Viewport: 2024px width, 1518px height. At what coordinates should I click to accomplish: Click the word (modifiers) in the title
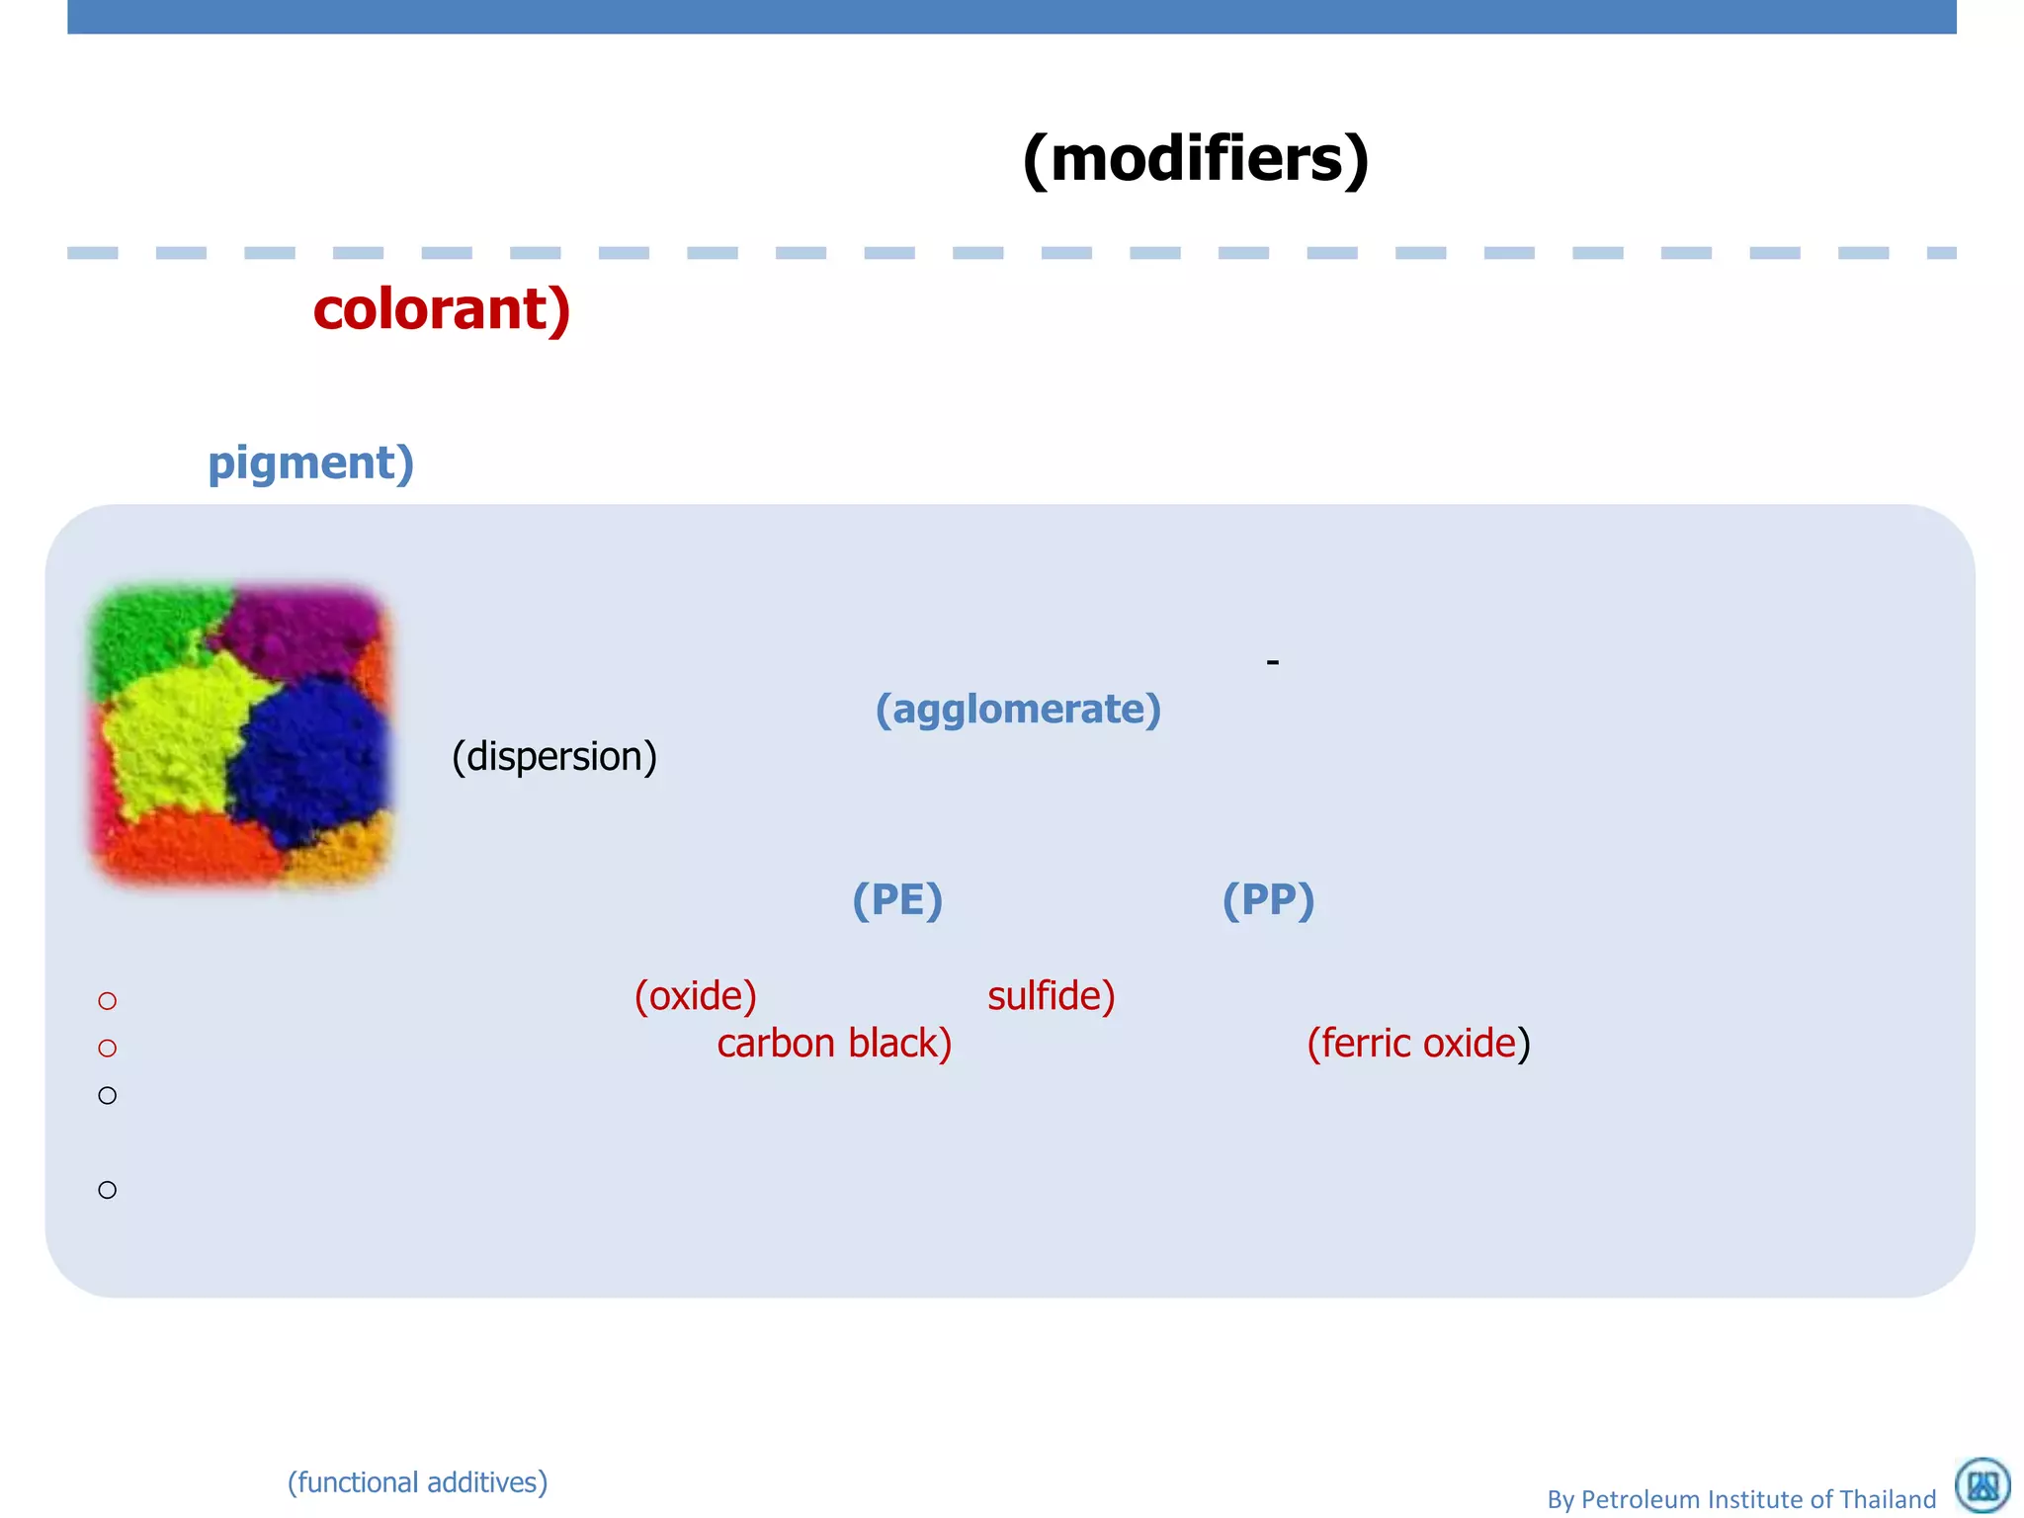[x=1196, y=159]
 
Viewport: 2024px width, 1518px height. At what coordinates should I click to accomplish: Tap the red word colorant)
[x=442, y=309]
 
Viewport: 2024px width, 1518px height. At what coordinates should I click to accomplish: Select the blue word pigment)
[x=310, y=463]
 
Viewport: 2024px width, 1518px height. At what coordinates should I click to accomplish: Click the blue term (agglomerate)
[x=1018, y=710]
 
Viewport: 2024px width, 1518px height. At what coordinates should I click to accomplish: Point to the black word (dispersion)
[x=554, y=757]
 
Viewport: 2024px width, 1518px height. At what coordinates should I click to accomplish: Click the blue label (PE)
[x=897, y=900]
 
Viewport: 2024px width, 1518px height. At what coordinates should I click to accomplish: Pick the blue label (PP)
[x=1268, y=900]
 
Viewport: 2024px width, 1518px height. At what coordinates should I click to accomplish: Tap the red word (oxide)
[x=696, y=996]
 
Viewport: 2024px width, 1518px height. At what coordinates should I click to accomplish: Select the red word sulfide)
[x=1051, y=996]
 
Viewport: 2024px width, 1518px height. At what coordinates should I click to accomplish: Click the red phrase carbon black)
[x=834, y=1044]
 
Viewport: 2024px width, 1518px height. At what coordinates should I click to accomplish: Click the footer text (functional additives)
[x=417, y=1482]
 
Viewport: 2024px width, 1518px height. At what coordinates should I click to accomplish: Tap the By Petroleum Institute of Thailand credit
[x=1741, y=1499]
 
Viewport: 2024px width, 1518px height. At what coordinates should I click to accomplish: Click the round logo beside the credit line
[x=1982, y=1485]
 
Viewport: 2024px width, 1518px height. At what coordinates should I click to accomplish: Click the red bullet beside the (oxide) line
[x=108, y=1001]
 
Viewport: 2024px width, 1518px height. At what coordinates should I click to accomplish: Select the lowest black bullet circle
[x=108, y=1190]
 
